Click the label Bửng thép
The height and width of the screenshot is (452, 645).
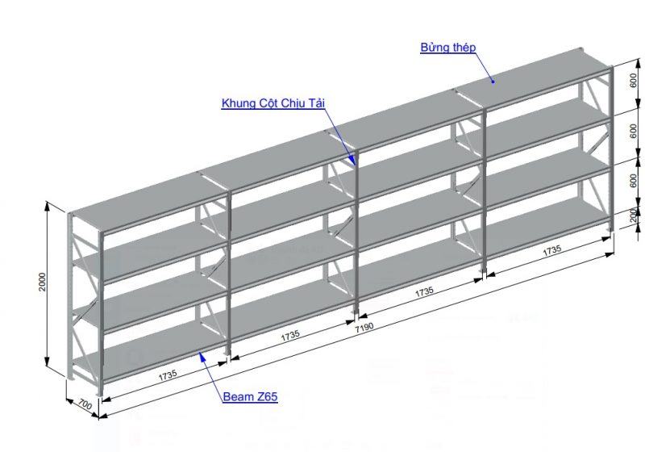point(448,48)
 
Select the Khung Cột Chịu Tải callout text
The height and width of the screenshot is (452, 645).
point(273,103)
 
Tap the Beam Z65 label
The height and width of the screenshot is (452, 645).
point(250,397)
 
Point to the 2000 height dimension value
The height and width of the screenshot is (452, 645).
point(43,282)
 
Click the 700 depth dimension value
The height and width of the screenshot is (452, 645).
point(85,404)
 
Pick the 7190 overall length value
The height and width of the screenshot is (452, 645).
point(364,327)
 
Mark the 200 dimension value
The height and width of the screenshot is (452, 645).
point(634,216)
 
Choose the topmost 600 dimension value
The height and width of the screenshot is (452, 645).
point(634,80)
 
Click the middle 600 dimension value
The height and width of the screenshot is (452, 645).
point(634,132)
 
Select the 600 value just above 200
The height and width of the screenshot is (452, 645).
point(634,181)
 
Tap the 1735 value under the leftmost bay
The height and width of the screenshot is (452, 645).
point(168,375)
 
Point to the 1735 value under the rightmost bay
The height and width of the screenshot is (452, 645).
point(552,251)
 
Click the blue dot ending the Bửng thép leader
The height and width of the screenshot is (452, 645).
point(493,82)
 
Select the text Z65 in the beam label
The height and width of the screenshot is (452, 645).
point(268,397)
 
